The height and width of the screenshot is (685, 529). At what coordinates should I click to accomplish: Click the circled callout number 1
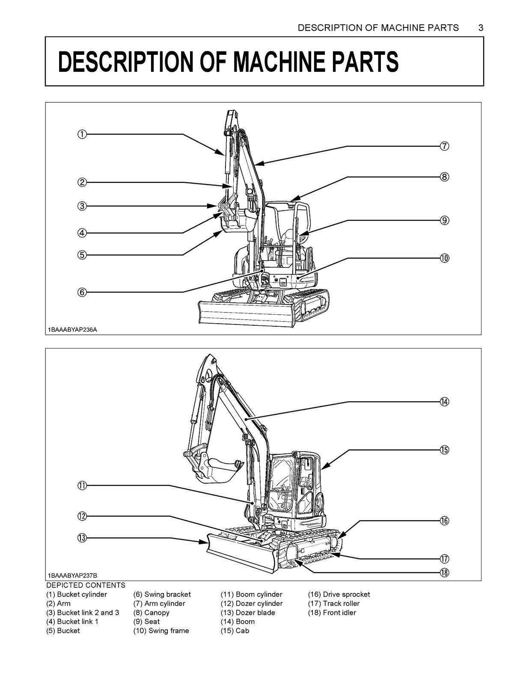(82, 134)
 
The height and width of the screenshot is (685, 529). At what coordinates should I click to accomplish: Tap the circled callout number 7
(444, 146)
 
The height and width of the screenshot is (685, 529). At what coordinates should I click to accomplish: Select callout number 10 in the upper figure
(444, 258)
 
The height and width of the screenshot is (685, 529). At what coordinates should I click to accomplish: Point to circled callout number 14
(444, 402)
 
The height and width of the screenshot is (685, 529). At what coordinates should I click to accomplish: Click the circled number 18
(444, 572)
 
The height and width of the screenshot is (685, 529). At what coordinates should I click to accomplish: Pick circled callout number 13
(82, 538)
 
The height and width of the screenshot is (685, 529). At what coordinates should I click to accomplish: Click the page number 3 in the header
(481, 28)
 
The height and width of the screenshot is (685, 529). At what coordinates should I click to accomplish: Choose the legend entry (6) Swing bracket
(162, 594)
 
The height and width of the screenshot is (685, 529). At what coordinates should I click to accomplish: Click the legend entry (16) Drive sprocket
(339, 594)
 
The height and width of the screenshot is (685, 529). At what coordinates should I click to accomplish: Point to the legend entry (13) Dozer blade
(248, 613)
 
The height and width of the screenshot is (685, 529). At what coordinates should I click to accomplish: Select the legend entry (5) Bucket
(63, 631)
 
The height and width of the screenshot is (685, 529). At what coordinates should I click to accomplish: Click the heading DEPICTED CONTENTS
(86, 585)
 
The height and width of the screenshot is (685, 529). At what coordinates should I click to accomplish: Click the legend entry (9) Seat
(146, 622)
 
